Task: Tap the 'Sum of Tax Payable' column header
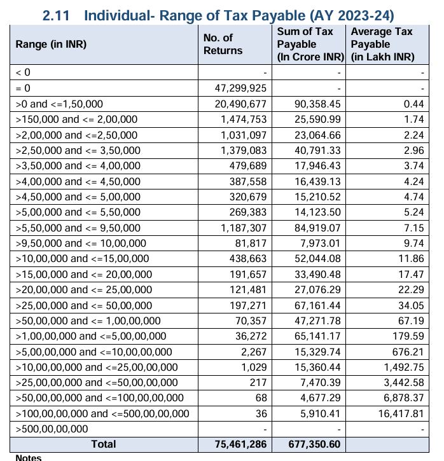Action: coord(310,44)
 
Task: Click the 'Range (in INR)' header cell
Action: coord(51,44)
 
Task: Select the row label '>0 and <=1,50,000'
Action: coord(59,104)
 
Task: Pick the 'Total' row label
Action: coord(104,444)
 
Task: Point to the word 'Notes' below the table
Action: coord(29,457)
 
